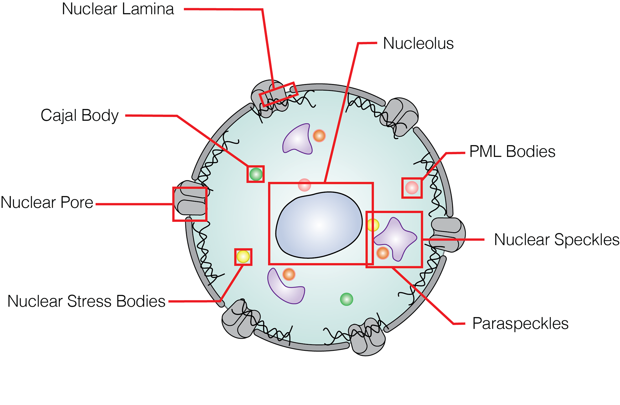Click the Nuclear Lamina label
tap(118, 9)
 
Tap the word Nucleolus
tap(418, 43)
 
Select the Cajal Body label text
tap(79, 116)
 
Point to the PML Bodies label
tap(512, 151)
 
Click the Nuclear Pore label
tap(47, 203)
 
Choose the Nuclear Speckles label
tap(556, 240)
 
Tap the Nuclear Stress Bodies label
tap(86, 301)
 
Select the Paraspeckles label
tap(520, 323)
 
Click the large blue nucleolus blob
tap(319, 225)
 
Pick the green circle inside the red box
tap(256, 174)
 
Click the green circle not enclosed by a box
tap(346, 299)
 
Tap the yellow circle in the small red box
tap(243, 257)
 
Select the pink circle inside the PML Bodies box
tap(412, 187)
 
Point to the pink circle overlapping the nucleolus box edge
tap(304, 185)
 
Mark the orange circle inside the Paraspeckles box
tap(383, 253)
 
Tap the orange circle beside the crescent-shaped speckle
tap(289, 274)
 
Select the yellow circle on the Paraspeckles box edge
tap(373, 225)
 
